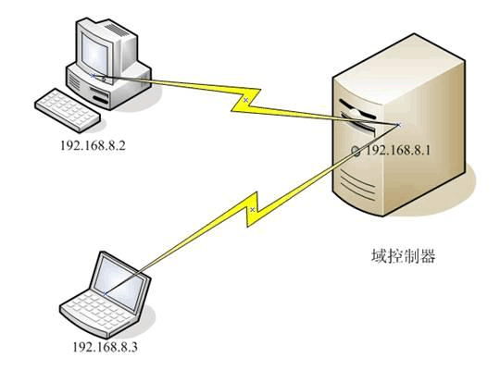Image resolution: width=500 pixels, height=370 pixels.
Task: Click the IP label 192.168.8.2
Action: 93,145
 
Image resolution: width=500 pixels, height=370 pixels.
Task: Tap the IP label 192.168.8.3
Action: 106,347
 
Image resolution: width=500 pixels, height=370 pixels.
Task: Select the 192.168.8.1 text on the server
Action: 398,150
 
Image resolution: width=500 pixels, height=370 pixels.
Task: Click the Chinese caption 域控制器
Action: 404,256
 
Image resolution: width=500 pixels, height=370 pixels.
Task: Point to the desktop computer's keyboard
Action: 68,110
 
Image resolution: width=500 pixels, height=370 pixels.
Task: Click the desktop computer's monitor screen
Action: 94,54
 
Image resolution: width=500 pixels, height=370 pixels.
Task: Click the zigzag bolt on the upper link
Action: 246,100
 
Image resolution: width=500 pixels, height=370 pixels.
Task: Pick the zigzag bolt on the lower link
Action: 252,209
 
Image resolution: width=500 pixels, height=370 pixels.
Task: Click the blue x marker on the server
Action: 397,125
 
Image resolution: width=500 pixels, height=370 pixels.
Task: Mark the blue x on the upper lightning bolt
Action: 245,100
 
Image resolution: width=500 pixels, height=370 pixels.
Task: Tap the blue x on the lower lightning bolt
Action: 253,209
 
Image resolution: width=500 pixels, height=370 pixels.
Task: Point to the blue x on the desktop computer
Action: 94,76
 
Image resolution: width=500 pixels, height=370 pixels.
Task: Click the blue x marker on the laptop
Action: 106,293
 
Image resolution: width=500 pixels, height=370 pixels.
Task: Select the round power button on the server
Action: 356,151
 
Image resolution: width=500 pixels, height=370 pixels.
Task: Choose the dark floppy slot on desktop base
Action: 100,100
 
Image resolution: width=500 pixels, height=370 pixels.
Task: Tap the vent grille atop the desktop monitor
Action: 117,30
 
